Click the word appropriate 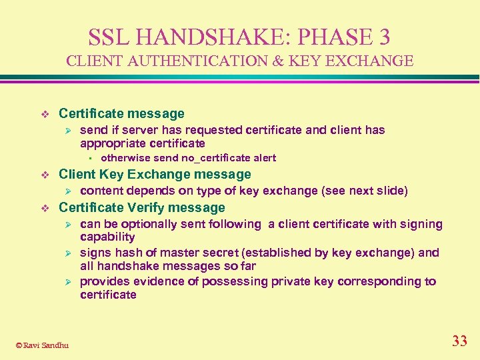[x=113, y=143]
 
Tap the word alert [x=263, y=158]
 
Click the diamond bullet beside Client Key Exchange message [x=45, y=175]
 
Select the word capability [x=107, y=237]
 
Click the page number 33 [x=459, y=342]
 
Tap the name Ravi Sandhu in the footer [x=46, y=345]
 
